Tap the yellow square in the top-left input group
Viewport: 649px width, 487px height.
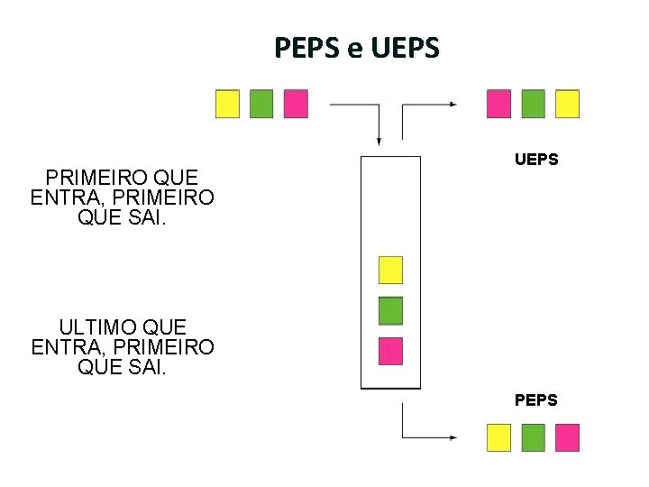tap(227, 104)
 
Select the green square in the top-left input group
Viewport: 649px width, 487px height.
tap(261, 104)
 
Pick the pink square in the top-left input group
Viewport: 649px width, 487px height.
tap(296, 104)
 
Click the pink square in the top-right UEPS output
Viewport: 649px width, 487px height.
tap(498, 104)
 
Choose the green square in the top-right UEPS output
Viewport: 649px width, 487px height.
tap(533, 104)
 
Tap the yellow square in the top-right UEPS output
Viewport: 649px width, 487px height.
tap(567, 104)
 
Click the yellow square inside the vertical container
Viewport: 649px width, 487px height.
tap(390, 270)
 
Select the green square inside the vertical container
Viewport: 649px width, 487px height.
tap(390, 310)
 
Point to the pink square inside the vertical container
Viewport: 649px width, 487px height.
tap(390, 350)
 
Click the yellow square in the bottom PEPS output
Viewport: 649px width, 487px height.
tap(498, 437)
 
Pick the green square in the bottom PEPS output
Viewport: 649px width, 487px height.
tap(533, 437)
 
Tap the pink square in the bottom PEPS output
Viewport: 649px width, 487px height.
tap(567, 437)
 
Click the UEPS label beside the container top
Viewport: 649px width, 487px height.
tap(536, 160)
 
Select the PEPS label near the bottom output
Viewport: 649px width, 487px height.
tap(536, 400)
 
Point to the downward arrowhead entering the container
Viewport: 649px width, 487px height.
tap(379, 140)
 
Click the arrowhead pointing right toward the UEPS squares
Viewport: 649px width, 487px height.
tap(453, 105)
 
